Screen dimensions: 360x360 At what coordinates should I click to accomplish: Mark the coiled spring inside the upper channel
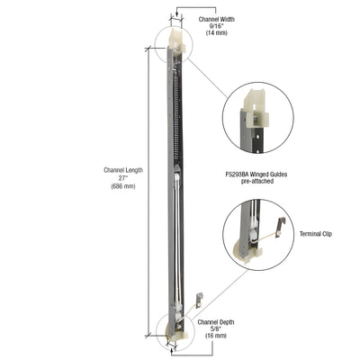[175, 108]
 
